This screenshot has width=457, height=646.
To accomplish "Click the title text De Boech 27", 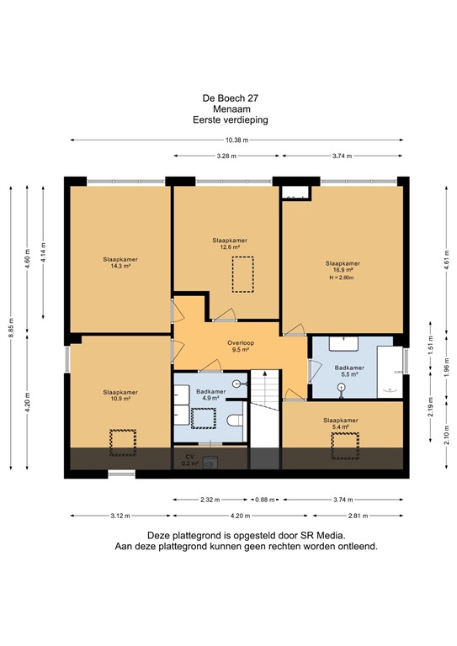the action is coord(231,98).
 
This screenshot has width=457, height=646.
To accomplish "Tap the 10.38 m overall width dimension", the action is coord(237,140).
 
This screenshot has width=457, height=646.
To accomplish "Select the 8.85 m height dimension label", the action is coord(11,328).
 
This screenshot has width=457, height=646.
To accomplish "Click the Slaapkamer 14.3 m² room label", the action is coord(120,262).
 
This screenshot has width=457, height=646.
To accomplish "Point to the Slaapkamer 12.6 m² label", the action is coord(230,243).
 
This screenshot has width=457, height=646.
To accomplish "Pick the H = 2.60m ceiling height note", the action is coord(342,278).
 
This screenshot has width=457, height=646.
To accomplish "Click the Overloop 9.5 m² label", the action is coord(241,346).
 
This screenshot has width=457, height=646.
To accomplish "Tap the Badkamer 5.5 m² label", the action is coord(349,371).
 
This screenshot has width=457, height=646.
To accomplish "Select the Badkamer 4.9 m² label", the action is coord(210,394).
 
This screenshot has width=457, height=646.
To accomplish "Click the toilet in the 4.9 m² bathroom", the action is coord(235,421).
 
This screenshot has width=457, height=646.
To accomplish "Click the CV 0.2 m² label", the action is coord(190,460).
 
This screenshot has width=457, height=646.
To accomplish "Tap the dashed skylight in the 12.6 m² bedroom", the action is coord(242,274).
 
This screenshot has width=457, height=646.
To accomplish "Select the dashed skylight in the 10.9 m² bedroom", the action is coord(123,443).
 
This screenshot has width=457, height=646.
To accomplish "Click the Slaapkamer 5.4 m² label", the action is coord(340,424).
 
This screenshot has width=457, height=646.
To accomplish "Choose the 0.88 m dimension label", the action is coord(265,500).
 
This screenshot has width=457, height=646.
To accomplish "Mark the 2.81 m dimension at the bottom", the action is coord(358,516).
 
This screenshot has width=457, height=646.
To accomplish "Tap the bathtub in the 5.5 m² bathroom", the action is coord(390,372).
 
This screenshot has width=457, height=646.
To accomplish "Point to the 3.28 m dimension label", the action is coord(226,156).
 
